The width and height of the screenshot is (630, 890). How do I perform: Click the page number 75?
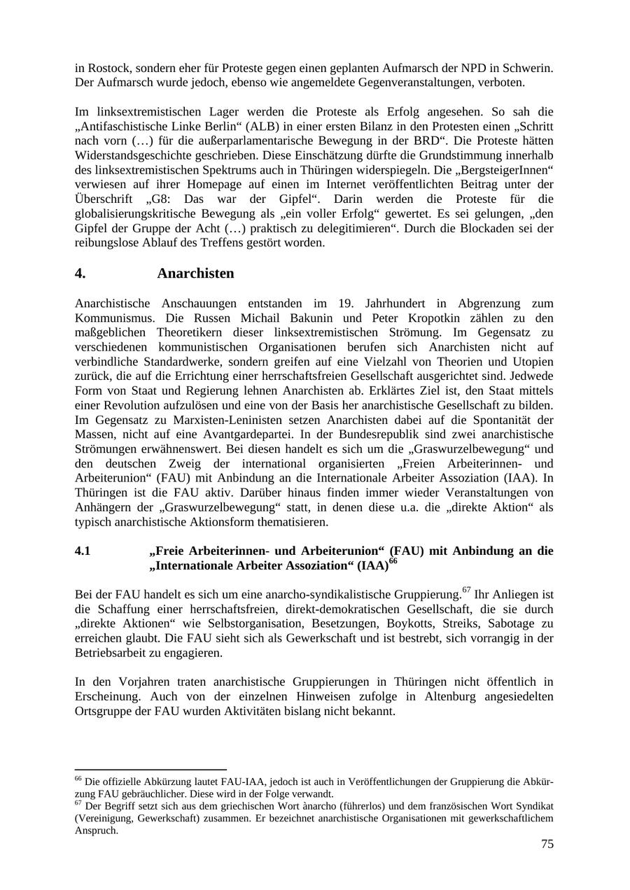[x=547, y=844]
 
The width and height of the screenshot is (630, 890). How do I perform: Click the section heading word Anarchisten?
[x=195, y=273]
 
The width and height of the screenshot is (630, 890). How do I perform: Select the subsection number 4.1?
[x=83, y=551]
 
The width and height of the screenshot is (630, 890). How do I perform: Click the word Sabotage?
[x=513, y=623]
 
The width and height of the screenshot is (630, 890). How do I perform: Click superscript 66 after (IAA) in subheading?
[x=393, y=561]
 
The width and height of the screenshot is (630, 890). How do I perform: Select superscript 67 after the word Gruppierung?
[x=467, y=591]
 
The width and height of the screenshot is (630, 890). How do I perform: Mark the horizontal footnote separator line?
[x=150, y=769]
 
